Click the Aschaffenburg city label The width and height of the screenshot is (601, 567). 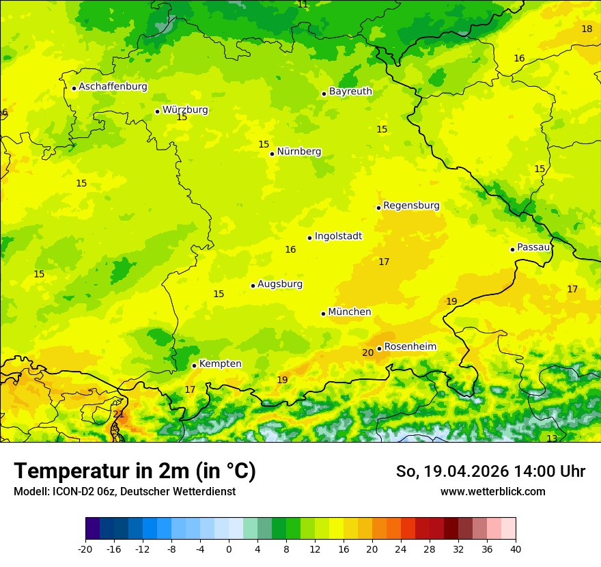click(113, 87)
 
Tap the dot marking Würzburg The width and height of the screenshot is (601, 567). click(157, 111)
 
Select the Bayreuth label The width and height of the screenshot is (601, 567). click(350, 92)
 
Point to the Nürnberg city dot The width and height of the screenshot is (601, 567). click(272, 154)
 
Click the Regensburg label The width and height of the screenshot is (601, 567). click(411, 206)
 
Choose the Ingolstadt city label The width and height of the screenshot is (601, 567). click(338, 236)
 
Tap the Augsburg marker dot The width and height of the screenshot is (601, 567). click(253, 286)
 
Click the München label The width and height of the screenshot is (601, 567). click(350, 312)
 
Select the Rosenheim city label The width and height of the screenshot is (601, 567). click(410, 347)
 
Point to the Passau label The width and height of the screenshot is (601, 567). click(533, 247)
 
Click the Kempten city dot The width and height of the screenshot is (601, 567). click(194, 365)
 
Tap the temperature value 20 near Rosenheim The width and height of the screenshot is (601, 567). click(367, 353)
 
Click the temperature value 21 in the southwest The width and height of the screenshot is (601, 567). click(118, 415)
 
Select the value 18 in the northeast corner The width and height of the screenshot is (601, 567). click(587, 29)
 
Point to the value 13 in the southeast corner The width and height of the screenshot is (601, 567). click(552, 439)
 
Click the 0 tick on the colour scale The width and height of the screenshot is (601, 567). click(229, 549)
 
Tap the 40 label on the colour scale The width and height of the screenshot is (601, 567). click(516, 549)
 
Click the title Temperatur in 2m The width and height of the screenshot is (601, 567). click(135, 471)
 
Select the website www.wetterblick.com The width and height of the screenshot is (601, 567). click(492, 491)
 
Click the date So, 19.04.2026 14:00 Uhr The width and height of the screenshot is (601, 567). click(490, 471)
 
